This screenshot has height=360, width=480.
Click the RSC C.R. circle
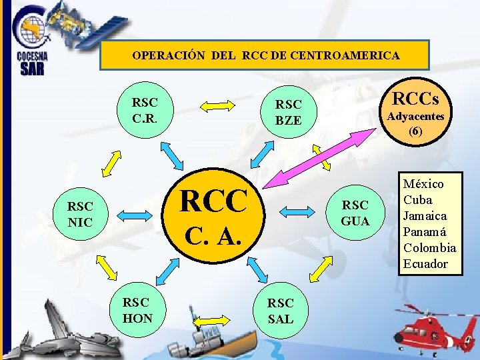[145, 111]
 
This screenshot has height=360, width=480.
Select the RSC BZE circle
[289, 112]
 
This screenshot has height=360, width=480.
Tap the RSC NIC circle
[80, 213]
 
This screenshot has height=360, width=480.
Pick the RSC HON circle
[137, 310]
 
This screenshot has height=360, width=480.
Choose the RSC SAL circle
[280, 311]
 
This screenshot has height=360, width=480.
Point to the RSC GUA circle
[355, 212]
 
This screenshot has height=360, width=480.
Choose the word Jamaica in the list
[425, 215]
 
